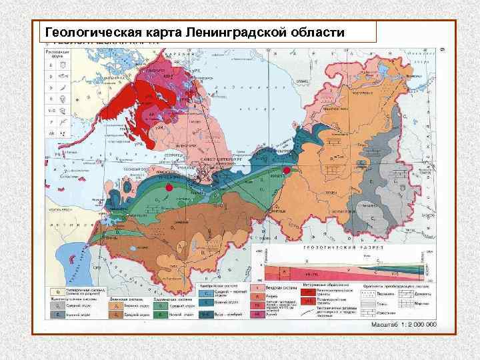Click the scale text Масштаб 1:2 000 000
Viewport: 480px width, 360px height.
click(403, 324)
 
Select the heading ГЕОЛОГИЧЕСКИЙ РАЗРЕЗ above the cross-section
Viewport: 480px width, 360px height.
click(336, 247)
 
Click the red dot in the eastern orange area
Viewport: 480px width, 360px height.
click(287, 171)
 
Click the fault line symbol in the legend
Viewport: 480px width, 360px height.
click(309, 313)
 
